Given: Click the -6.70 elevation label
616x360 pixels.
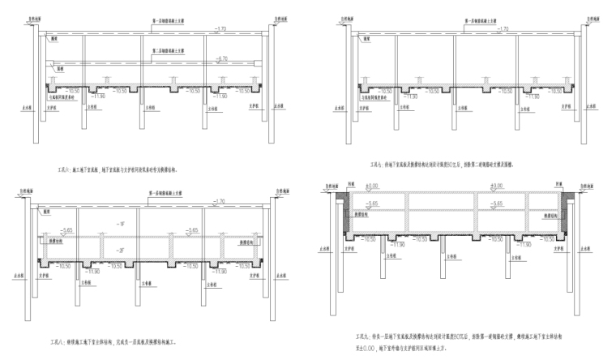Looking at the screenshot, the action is (224, 58).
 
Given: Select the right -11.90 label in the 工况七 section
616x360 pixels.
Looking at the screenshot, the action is (530, 96).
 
